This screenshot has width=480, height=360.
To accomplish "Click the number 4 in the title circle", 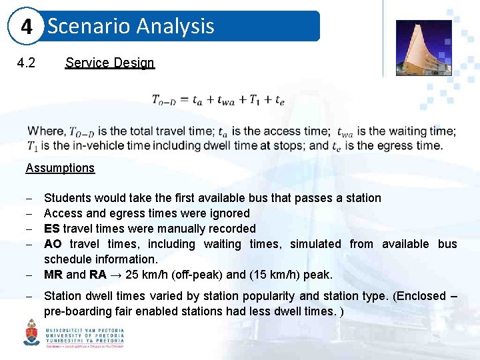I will (27, 27).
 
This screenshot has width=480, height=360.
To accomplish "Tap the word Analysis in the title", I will (175, 26).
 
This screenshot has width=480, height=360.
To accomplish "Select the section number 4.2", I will (26, 63).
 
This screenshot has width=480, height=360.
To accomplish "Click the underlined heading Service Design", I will (109, 63).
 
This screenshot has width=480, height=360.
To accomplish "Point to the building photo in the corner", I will (423, 47).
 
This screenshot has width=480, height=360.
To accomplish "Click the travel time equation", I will (218, 100).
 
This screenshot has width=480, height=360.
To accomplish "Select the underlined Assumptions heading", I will (60, 168).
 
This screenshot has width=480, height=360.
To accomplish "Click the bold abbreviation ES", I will (51, 229).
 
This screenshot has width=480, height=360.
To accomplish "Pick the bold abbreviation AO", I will (53, 244).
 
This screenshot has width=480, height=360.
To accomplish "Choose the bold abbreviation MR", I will (53, 275).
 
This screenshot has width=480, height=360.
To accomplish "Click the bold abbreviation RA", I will (98, 275).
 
